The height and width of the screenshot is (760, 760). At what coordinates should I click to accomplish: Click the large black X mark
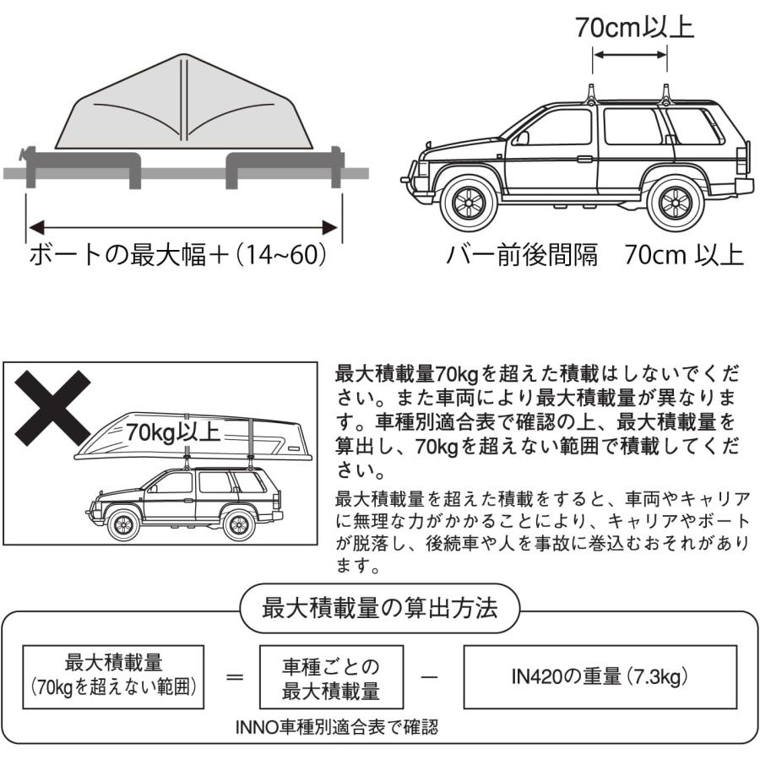click(x=51, y=411)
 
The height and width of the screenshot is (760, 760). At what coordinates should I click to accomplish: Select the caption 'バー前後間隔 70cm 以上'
click(x=594, y=254)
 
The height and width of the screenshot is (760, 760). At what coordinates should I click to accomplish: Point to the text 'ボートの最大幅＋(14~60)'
click(x=177, y=254)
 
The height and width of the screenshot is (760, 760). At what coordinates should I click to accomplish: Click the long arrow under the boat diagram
click(x=183, y=225)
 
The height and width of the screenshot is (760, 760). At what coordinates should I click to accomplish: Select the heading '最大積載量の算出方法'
click(x=380, y=607)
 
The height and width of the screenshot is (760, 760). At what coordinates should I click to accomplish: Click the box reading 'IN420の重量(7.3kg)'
click(x=600, y=676)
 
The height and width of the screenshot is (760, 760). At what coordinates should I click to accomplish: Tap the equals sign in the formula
click(x=236, y=677)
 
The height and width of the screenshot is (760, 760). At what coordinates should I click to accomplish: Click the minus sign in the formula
click(x=429, y=677)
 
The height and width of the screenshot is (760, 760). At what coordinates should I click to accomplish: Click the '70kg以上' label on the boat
click(x=173, y=432)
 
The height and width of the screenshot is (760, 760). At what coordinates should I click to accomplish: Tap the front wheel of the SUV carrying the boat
click(x=124, y=525)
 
